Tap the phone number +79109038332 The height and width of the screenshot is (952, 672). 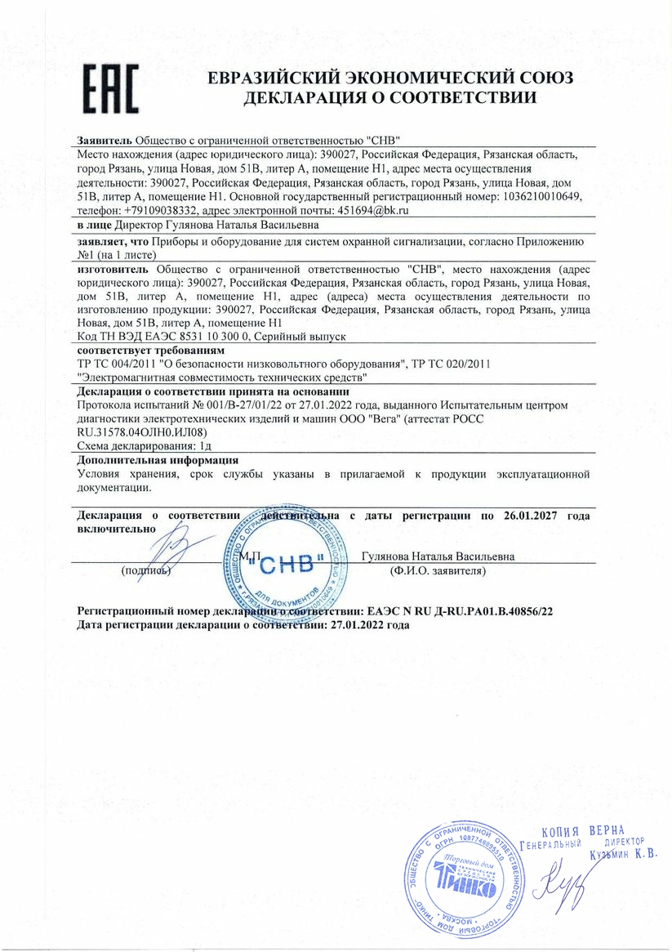coord(154,210)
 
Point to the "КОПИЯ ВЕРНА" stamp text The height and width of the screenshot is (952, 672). coord(581,831)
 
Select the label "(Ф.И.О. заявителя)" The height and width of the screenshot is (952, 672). coord(438,571)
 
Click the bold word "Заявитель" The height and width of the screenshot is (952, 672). coord(105,140)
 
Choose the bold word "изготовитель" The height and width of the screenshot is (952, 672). coord(113,267)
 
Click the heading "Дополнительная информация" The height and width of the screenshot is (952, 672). coord(151,460)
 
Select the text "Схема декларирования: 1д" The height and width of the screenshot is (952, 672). coord(145,446)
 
